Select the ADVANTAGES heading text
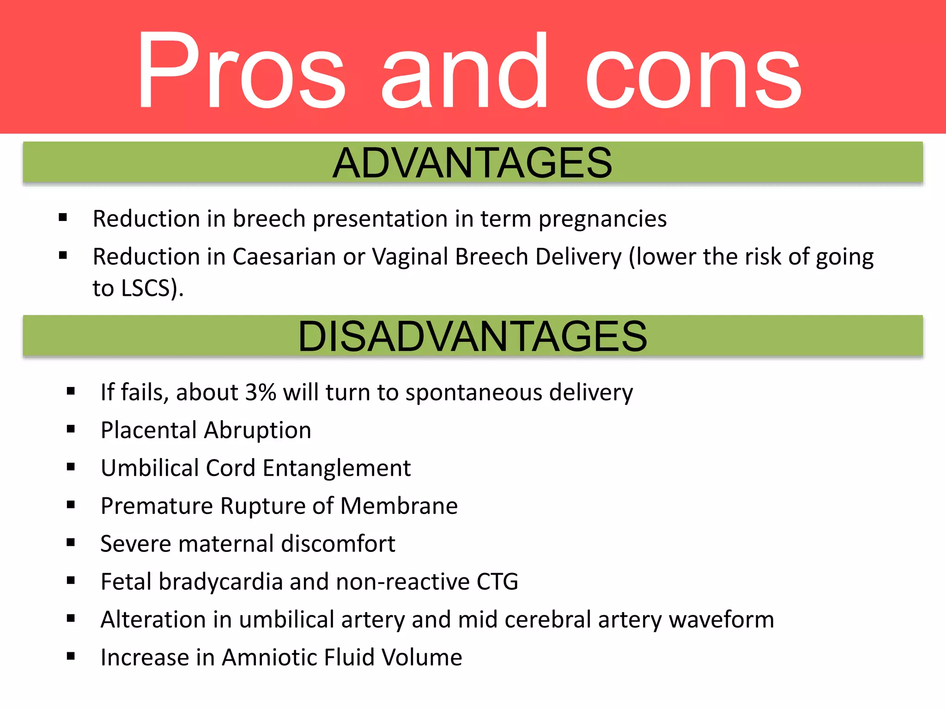pos(472,163)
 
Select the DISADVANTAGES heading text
pos(472,337)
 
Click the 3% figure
pos(260,393)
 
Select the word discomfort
pos(338,544)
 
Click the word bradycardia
pos(220,582)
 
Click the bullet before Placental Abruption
pos(71,429)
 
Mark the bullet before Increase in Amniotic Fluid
pos(71,656)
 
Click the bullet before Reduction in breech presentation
pos(63,217)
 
